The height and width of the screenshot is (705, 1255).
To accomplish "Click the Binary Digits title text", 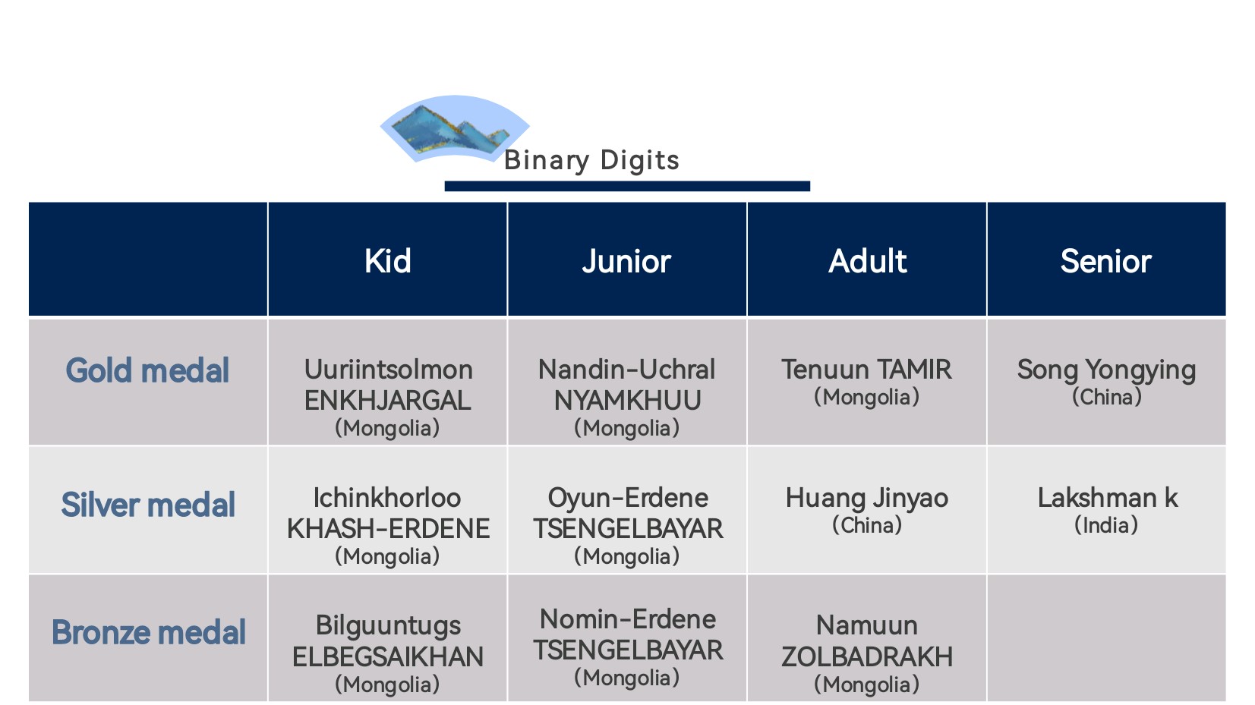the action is coord(591,161).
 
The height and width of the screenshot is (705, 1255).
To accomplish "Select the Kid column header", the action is coord(388,261).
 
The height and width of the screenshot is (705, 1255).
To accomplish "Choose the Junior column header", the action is coord(626,262).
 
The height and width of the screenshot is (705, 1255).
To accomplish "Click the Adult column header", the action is coord(867,261).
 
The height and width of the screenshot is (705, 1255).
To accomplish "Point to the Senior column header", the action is coord(1106,261).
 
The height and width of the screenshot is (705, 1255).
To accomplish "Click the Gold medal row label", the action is coord(147,370).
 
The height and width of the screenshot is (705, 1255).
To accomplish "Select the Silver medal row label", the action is coord(148,505).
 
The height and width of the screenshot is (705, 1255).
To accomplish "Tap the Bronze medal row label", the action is coord(149,632).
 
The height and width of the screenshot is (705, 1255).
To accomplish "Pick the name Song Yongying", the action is coord(1106,370).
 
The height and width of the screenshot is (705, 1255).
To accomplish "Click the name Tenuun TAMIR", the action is coord(867,370).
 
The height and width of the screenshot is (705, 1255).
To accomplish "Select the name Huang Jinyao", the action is coord(867,499).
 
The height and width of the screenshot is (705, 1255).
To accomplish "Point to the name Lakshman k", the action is coord(1107,497).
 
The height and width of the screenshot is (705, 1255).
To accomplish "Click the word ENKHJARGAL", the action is coord(388,401).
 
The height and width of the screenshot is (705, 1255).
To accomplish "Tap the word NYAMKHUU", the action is coord(627,401).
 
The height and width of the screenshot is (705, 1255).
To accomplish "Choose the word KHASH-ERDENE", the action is coord(388,529).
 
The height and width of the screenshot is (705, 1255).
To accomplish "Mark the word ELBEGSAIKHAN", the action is coord(388,657).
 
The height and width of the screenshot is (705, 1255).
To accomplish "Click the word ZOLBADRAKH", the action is coord(867,657).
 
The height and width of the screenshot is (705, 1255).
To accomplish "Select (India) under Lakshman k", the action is coord(1106,525).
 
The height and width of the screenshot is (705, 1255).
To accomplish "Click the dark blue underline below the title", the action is coord(627,186).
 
